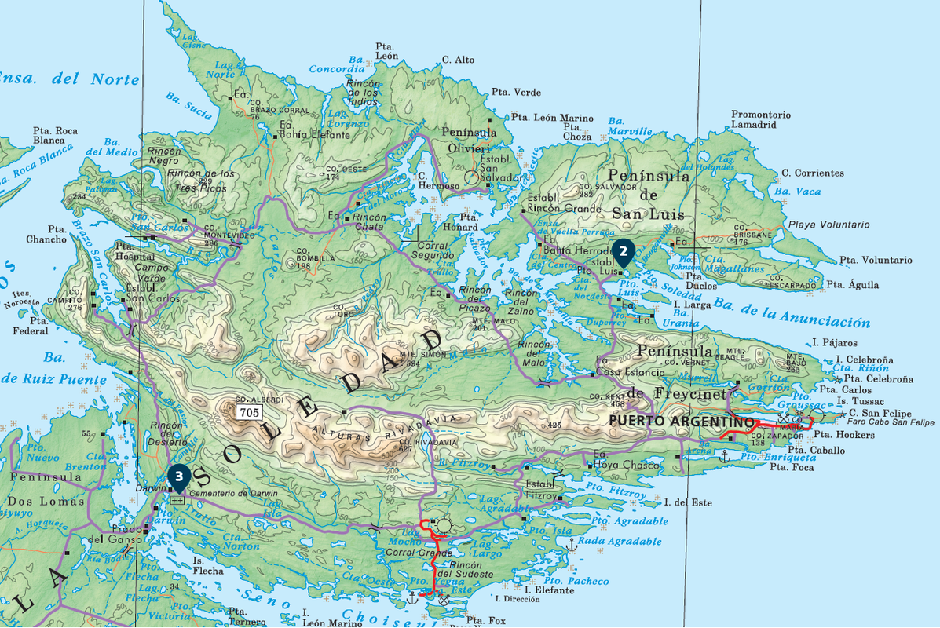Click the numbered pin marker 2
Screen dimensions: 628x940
623,251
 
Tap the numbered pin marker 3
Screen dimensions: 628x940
179,476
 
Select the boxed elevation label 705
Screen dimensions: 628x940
250,412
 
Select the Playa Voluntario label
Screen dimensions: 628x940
828,225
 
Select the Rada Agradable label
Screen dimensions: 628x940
620,542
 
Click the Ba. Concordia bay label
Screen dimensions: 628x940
337,64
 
